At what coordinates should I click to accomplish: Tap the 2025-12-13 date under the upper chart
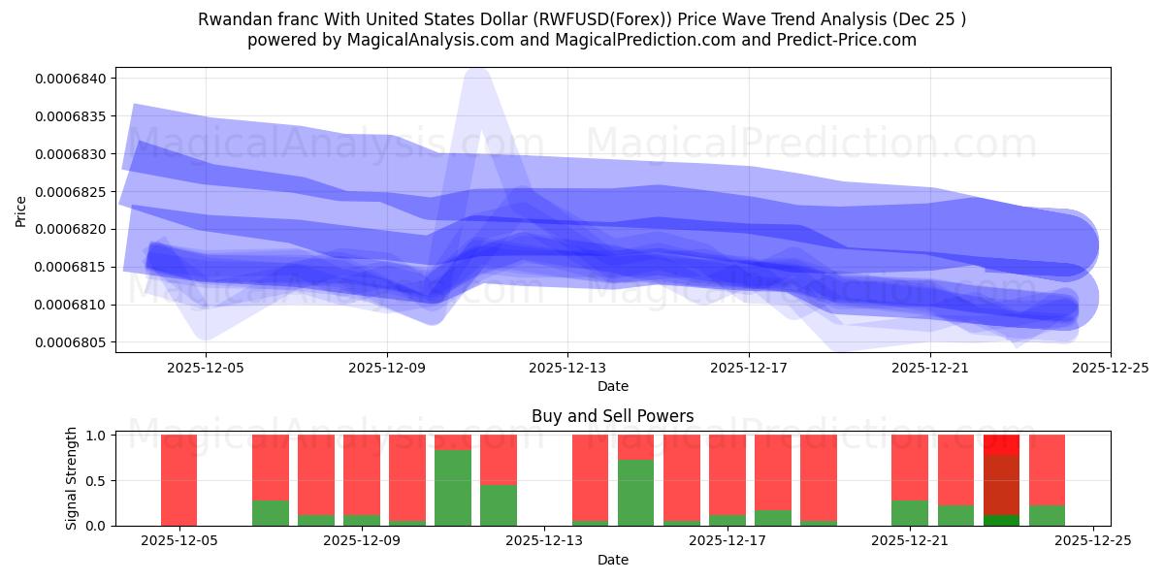(567, 368)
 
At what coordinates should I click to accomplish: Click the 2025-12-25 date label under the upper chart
(1110, 368)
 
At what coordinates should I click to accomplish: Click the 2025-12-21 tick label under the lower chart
(911, 541)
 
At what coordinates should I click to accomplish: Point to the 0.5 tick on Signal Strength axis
(95, 480)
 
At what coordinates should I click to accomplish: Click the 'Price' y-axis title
(21, 210)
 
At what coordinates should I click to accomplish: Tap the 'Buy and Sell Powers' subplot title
(612, 416)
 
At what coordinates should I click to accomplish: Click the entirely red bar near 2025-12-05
(178, 480)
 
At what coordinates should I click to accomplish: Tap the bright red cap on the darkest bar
(1001, 444)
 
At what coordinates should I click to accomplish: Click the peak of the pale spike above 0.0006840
(476, 70)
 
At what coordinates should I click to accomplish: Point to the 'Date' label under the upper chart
(612, 386)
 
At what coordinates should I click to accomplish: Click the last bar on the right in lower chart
(1047, 480)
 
